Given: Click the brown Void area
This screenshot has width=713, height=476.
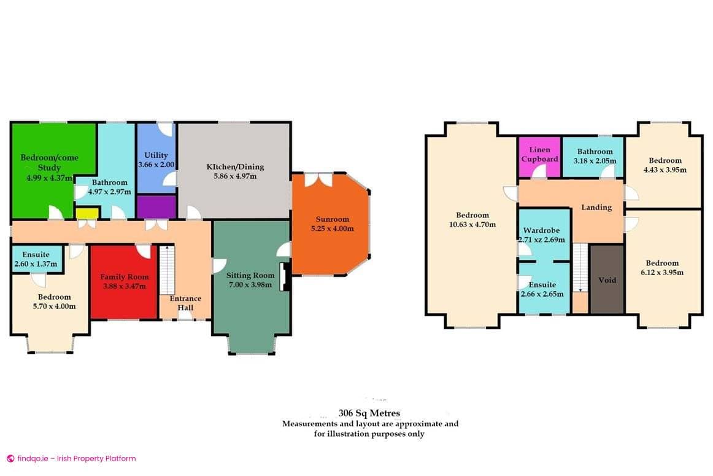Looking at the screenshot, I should point(607,279).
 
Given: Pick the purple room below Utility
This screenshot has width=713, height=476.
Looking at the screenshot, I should point(156,206).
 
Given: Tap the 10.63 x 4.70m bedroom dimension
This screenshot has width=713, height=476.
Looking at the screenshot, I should point(472,224).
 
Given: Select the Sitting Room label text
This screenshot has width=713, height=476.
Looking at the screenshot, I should point(250,275).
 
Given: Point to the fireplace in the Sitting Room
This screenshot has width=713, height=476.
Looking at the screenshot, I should point(283,276).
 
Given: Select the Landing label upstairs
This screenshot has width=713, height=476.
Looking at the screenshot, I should point(596,208).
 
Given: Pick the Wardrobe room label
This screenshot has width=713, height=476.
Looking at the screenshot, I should point(540,231).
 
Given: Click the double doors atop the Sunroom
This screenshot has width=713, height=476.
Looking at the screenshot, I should point(318,179).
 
